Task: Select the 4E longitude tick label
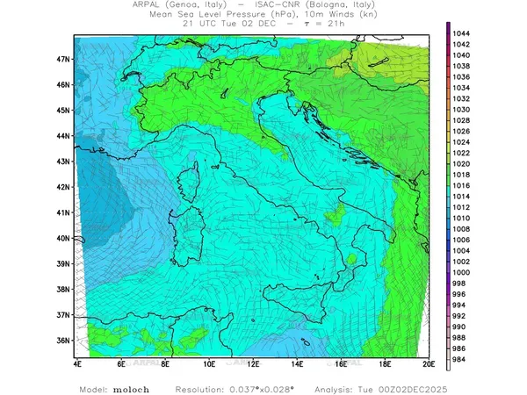pos(77,363)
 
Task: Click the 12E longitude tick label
pos(253,363)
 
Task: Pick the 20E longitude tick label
pos(429,363)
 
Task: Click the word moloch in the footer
pos(133,389)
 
